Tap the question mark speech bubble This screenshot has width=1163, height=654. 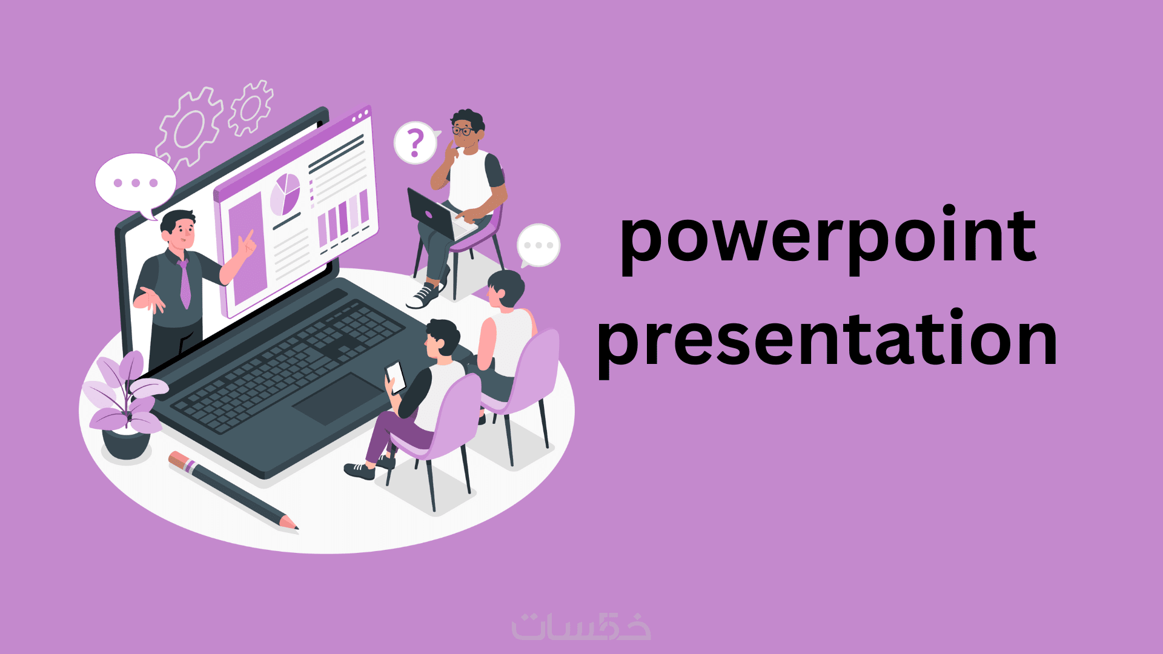[416, 143]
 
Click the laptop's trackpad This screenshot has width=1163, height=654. [339, 398]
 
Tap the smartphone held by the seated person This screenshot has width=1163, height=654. [396, 377]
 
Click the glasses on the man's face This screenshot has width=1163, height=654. [463, 130]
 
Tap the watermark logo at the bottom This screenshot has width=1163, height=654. [581, 627]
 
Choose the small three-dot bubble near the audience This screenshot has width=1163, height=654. [538, 245]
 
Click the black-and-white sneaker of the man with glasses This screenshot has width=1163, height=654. [423, 296]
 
